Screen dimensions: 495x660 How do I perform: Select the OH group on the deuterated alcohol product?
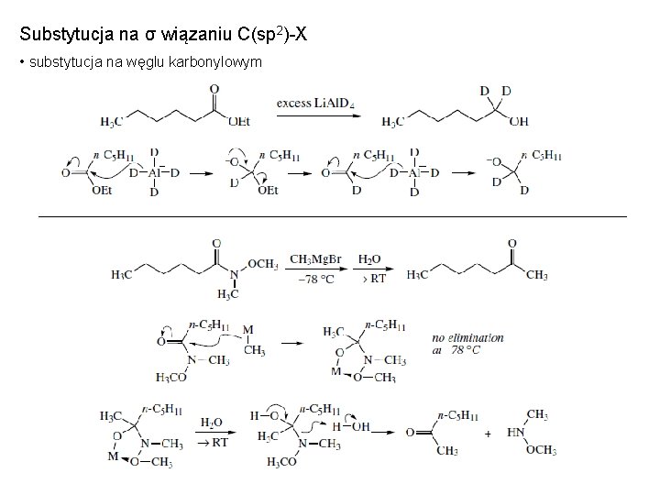[519, 122]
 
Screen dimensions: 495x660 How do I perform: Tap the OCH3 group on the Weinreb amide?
[262, 264]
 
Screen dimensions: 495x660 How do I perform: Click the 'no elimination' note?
[467, 337]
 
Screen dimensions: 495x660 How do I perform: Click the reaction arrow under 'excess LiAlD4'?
[315, 115]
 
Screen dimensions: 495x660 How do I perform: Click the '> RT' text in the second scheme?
[374, 279]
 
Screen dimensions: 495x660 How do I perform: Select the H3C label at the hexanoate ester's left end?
[110, 122]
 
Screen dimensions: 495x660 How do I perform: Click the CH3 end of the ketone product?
[538, 274]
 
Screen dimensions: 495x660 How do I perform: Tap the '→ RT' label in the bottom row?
[214, 442]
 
